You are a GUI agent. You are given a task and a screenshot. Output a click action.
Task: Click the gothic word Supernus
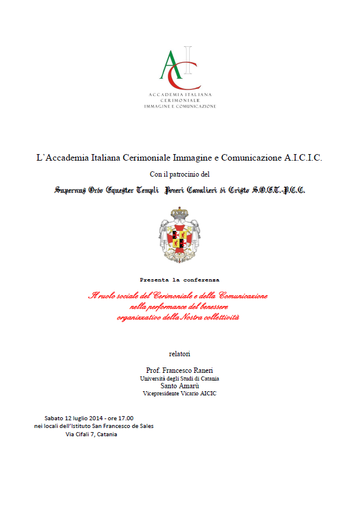[70, 190]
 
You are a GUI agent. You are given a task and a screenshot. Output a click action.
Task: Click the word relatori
[180, 353]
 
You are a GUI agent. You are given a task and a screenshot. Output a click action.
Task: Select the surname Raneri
[201, 370]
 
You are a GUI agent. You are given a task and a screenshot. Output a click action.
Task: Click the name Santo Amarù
[180, 385]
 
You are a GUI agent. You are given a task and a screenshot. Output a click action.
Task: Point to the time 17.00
[125, 417]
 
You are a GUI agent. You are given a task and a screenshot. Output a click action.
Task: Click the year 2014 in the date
[88, 417]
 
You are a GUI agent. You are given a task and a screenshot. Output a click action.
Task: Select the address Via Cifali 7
[80, 434]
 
